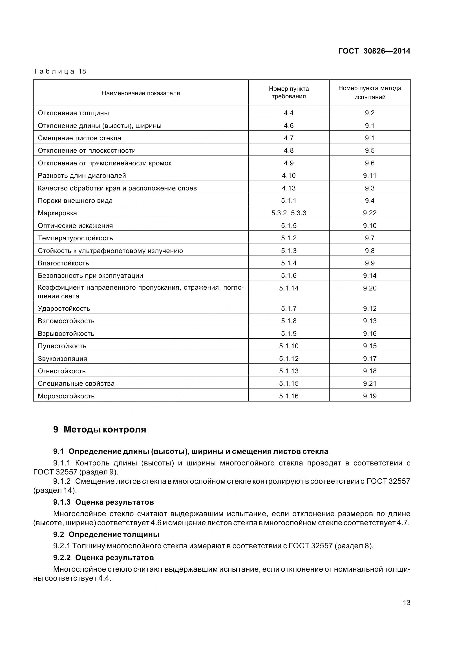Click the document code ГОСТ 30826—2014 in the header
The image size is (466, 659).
[x=374, y=51]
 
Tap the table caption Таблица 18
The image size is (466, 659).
[x=60, y=71]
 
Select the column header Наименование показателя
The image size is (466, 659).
[x=141, y=93]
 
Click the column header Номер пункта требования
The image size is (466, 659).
[x=289, y=92]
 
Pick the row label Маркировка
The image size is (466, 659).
[x=57, y=213]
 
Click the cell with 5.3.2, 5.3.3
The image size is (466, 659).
[x=289, y=213]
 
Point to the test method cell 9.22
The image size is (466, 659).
[x=370, y=213]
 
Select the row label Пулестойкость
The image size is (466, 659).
[x=62, y=346]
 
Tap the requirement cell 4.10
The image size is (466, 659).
[x=289, y=175]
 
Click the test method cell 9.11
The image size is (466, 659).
[x=370, y=175]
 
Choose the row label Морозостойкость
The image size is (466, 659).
[x=66, y=396]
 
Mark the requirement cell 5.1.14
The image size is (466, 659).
[x=289, y=288]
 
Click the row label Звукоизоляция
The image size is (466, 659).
[x=62, y=358]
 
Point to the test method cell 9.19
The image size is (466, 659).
[x=370, y=396]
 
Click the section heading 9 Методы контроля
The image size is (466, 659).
[x=100, y=429]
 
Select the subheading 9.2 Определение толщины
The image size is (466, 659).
[x=106, y=534]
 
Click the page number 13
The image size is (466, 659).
[x=407, y=602]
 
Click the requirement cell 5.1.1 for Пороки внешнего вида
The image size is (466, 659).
[x=289, y=201]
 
